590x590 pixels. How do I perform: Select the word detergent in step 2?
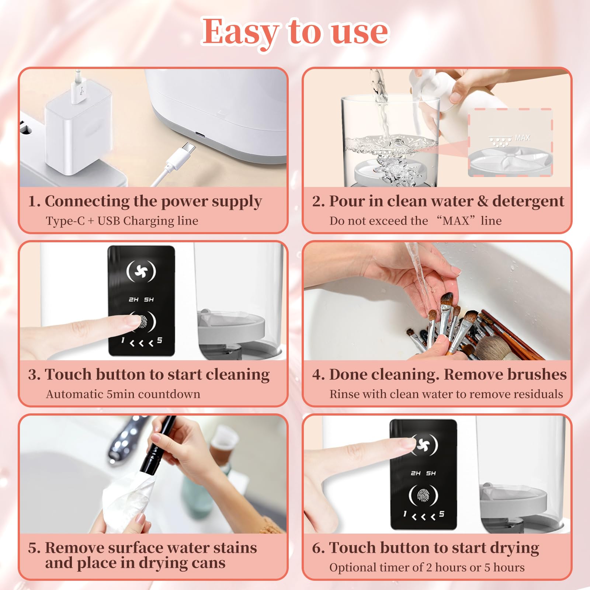pos(528,201)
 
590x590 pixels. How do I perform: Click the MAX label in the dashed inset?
pos(522,138)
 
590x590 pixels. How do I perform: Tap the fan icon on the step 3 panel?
pos(141,271)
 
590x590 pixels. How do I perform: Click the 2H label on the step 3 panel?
pos(133,299)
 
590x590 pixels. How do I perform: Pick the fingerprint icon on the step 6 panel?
pos(423,496)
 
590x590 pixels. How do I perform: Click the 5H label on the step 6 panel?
pos(431,473)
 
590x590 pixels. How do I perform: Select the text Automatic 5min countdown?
pos(123,394)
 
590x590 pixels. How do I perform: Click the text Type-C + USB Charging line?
pos(122,221)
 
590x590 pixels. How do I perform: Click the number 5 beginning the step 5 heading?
pos(32,548)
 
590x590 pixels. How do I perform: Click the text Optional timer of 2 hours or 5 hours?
pos(427,568)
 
